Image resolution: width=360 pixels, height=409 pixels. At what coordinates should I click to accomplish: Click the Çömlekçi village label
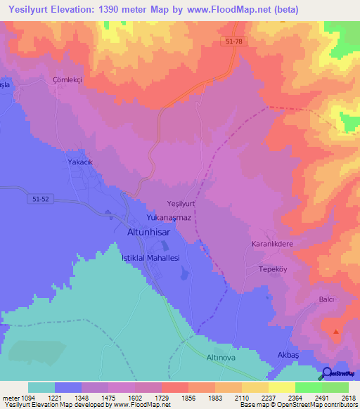[67, 80]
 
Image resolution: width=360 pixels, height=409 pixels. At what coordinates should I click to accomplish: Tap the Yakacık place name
[81, 162]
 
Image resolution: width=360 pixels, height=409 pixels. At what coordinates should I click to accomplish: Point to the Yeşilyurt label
[181, 203]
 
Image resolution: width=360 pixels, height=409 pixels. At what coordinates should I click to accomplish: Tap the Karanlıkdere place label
[276, 245]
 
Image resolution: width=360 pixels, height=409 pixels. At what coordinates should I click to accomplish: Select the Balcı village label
[326, 299]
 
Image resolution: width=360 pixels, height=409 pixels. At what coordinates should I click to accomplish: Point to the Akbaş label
[288, 356]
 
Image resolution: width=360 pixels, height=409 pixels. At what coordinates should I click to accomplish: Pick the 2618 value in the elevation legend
[349, 397]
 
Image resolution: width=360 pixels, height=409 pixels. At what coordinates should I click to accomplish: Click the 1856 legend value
[188, 397]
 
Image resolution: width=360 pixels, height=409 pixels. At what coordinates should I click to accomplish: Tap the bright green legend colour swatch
[308, 387]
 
